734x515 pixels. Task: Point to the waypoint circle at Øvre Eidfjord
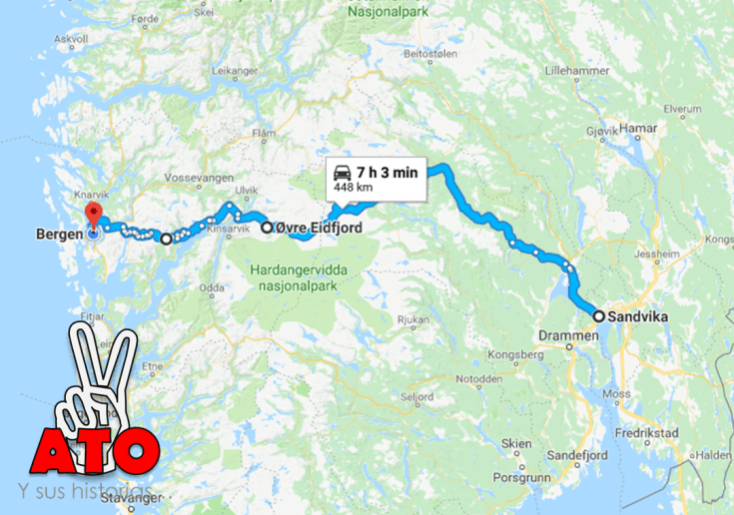tap(267, 228)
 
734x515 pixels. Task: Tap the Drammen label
tap(565, 336)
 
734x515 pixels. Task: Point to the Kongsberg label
tap(516, 355)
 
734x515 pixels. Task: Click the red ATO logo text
tap(95, 445)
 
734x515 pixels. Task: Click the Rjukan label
tap(412, 319)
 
